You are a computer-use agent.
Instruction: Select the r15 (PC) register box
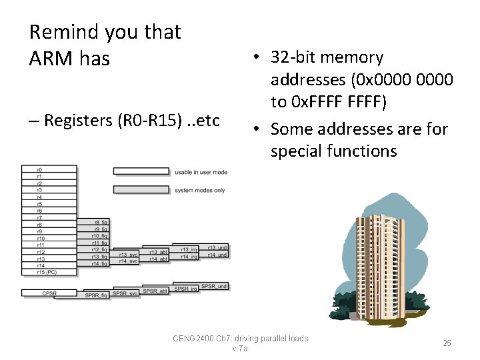coord(49,272)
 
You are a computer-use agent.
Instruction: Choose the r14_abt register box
coord(157,259)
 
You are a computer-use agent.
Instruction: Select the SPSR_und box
coord(214,287)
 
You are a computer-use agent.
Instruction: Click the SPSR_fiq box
coord(95,295)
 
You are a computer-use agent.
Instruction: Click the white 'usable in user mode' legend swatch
coord(141,172)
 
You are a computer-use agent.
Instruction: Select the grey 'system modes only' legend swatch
coord(141,190)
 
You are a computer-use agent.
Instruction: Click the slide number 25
coord(447,343)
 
